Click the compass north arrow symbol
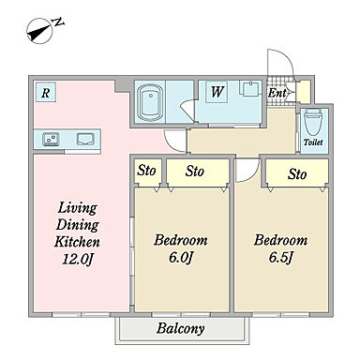tap(40, 31)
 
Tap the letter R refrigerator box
tap(46, 92)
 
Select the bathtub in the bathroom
tap(150, 102)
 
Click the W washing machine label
tap(217, 92)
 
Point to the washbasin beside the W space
tap(250, 88)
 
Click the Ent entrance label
tap(277, 93)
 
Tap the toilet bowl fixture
tap(314, 122)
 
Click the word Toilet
tap(313, 142)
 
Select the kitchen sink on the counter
tap(52, 139)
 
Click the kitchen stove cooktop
tap(85, 139)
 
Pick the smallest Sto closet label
tap(146, 171)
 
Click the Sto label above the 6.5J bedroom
tap(297, 173)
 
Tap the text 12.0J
tap(78, 259)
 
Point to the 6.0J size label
tap(181, 258)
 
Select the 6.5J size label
tap(280, 258)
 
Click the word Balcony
tap(181, 328)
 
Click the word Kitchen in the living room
tap(77, 242)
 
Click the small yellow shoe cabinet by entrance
tap(304, 92)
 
